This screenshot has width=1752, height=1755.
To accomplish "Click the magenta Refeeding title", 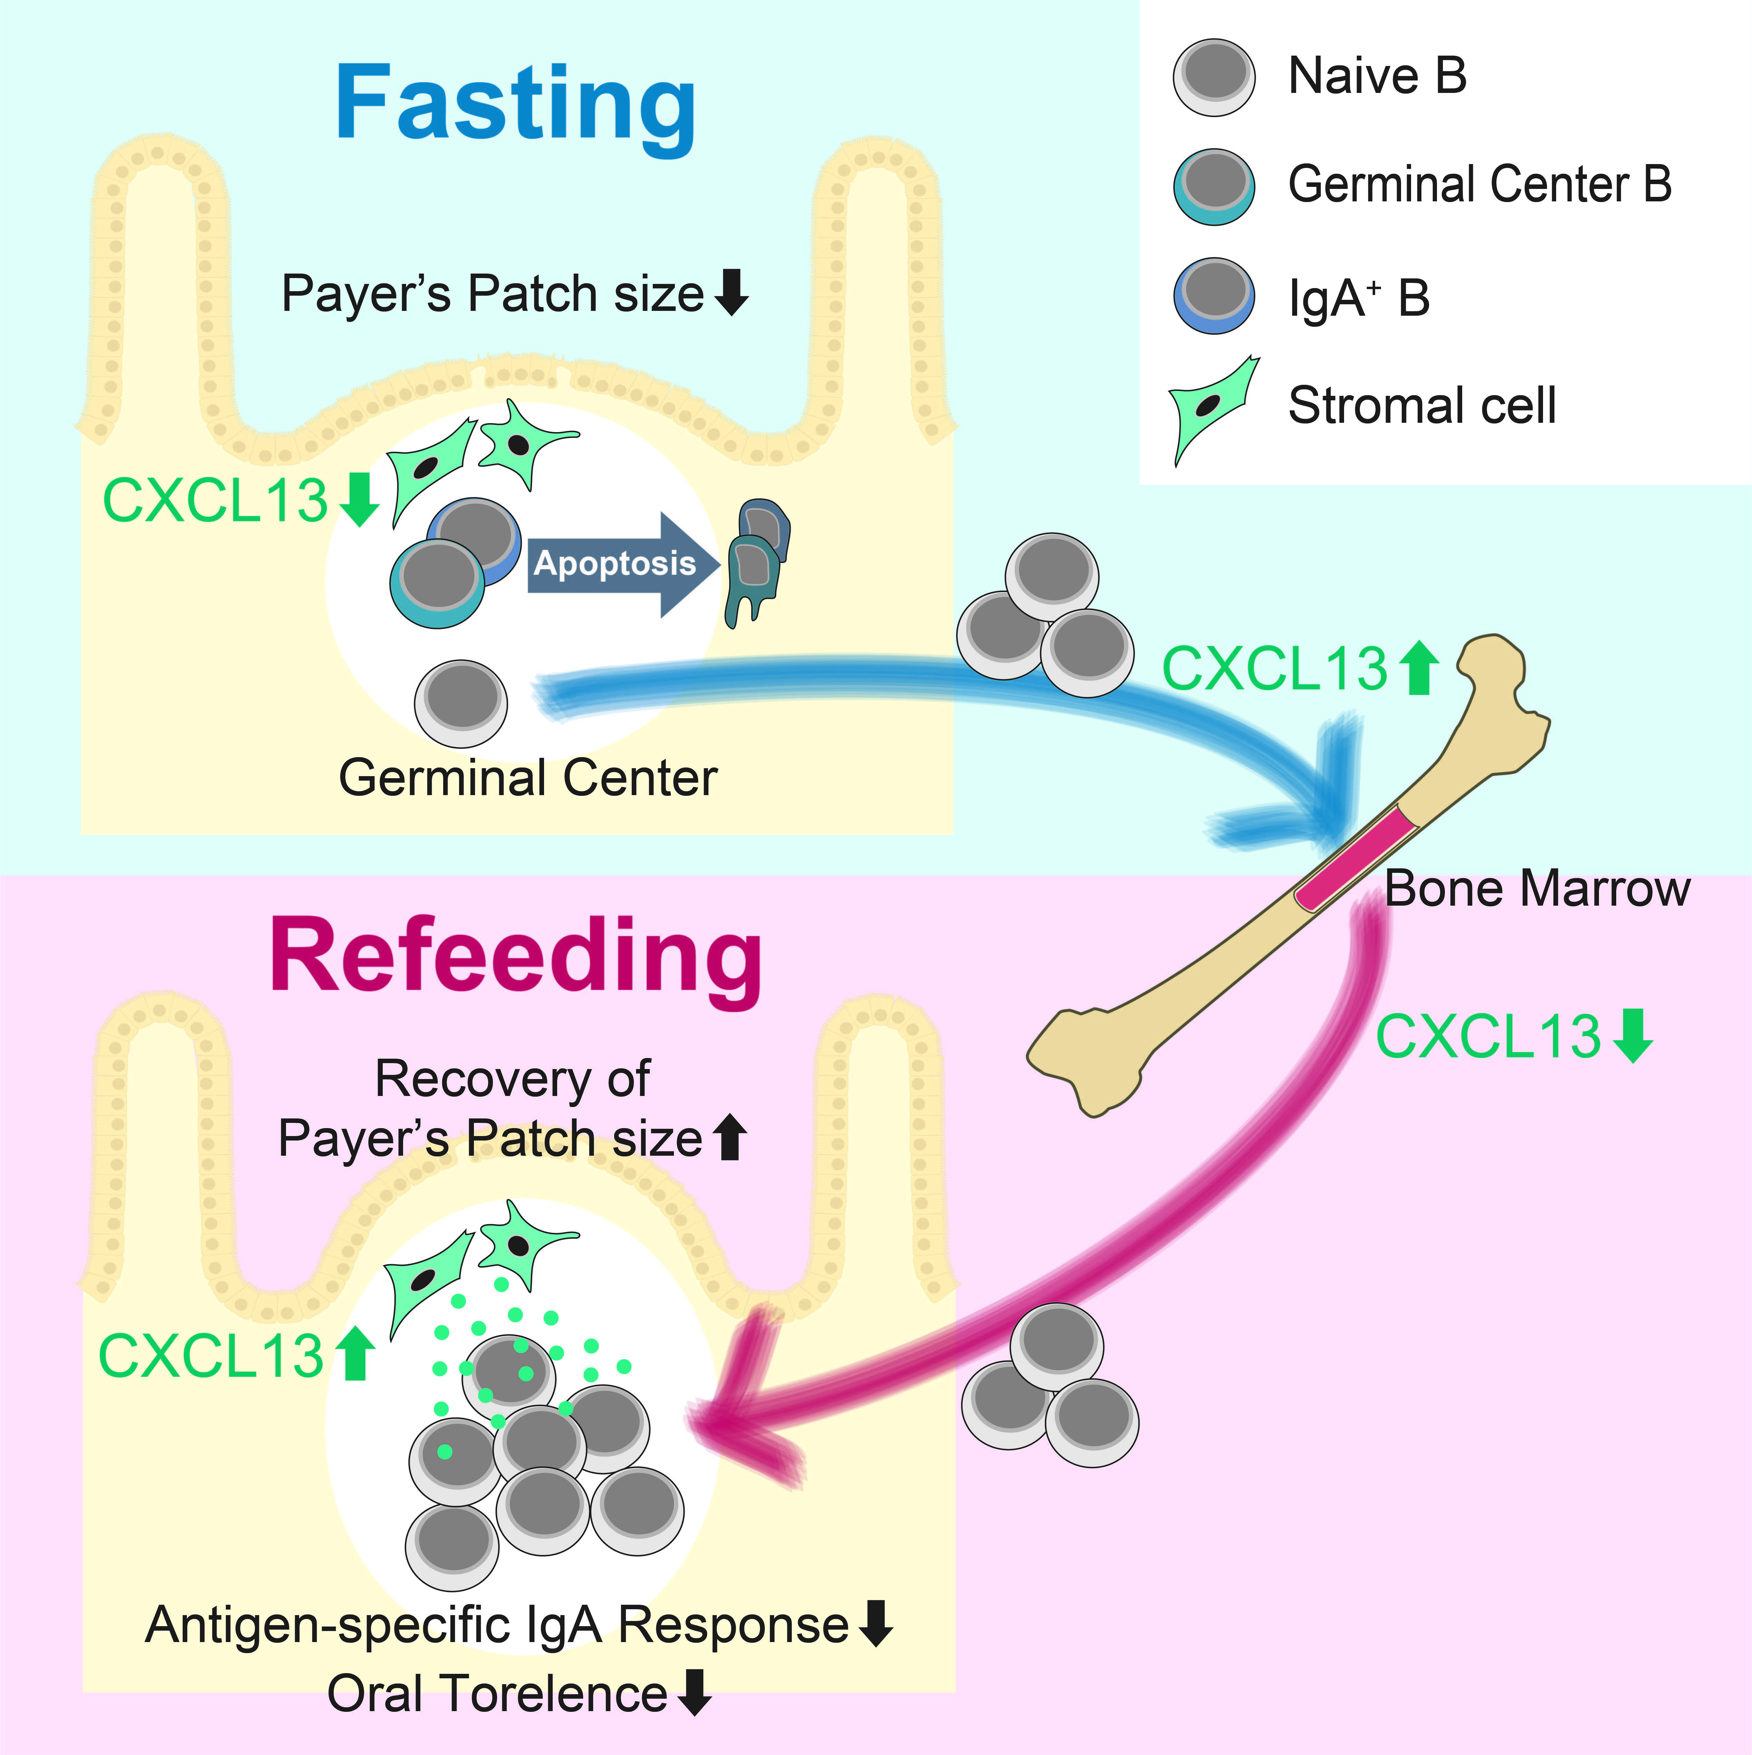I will point(515,956).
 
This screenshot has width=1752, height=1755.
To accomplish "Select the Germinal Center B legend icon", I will point(1214,186).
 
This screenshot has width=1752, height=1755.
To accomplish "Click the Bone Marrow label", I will point(1537,888).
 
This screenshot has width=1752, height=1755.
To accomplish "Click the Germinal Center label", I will point(528,779).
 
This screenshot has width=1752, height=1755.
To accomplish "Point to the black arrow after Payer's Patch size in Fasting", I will point(731,293).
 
